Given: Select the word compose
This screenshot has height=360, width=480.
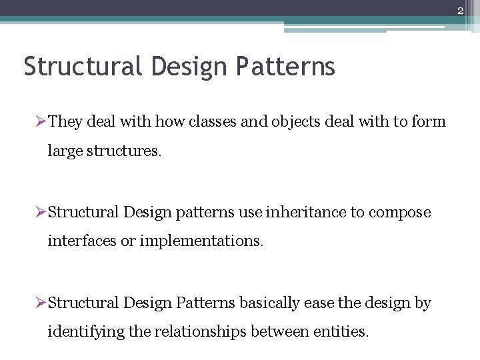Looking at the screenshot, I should (400, 213).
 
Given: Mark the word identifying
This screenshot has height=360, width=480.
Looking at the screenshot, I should (85, 332).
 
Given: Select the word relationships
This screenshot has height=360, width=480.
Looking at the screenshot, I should (201, 332).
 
